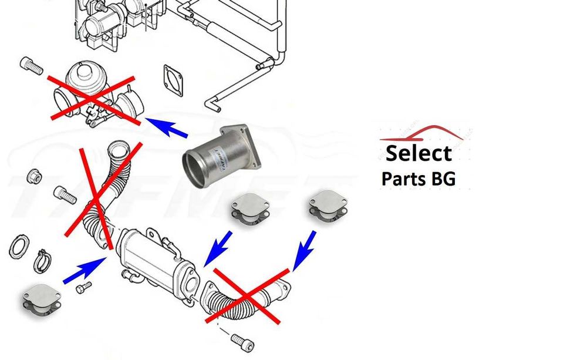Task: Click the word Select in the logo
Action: pyautogui.click(x=419, y=153)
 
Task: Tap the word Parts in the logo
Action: pyautogui.click(x=404, y=179)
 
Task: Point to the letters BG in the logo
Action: pyautogui.click(x=443, y=179)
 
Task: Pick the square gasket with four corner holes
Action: pyautogui.click(x=174, y=80)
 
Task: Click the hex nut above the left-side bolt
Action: pyautogui.click(x=35, y=176)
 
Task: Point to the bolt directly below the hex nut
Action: pyautogui.click(x=65, y=194)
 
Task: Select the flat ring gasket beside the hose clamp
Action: pyautogui.click(x=19, y=247)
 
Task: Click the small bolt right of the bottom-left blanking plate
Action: pyautogui.click(x=85, y=288)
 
